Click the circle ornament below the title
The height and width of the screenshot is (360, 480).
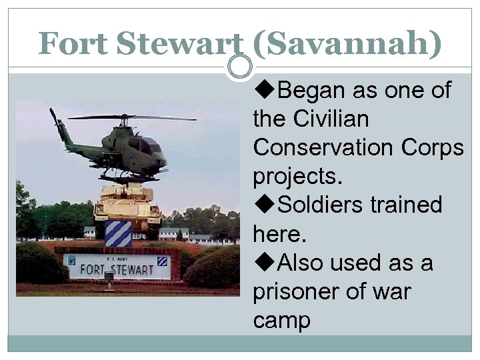tap(240, 67)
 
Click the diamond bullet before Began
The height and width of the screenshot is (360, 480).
tap(265, 90)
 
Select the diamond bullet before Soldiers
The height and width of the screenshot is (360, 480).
tap(265, 205)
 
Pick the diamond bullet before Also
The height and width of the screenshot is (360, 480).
tap(265, 263)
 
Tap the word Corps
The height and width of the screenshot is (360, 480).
tap(431, 148)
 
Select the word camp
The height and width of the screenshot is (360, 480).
tap(281, 321)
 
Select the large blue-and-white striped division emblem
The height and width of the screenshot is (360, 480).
tap(117, 234)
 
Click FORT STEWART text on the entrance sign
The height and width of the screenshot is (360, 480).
tap(117, 267)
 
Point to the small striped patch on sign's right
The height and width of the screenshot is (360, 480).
tap(162, 261)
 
